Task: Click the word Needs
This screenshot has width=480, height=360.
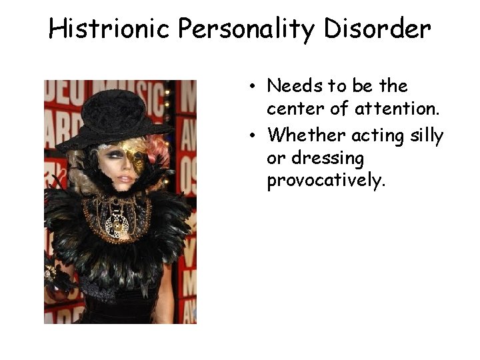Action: tap(294, 86)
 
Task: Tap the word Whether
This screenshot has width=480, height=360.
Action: tap(306, 136)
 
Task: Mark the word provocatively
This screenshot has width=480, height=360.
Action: tap(326, 182)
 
